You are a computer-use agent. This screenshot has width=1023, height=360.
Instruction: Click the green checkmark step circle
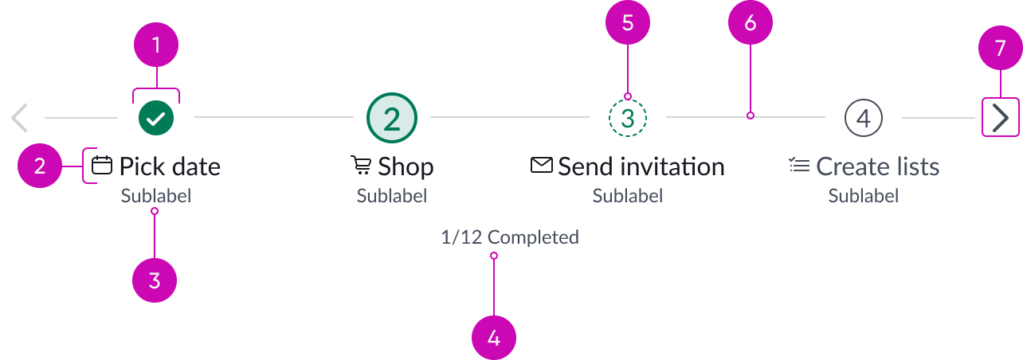[156, 118]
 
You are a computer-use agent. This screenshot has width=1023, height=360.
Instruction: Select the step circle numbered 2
[391, 118]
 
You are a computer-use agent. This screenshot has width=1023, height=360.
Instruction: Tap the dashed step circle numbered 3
[628, 118]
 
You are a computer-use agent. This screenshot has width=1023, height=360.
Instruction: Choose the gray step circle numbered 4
[863, 118]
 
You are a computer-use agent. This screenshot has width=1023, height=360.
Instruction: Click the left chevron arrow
[20, 118]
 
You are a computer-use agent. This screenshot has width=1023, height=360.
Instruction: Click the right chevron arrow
[1001, 118]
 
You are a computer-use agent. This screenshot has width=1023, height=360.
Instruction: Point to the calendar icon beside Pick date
[101, 166]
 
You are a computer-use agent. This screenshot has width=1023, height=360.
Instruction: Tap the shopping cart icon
[361, 166]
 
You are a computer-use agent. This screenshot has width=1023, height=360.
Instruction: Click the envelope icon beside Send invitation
[542, 166]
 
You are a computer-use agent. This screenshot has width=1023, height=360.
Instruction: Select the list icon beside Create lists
[799, 166]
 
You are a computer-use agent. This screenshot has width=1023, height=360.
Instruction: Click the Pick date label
[170, 166]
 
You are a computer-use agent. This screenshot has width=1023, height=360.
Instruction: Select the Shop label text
[406, 166]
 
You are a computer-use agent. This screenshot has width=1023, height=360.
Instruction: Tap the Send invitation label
[641, 166]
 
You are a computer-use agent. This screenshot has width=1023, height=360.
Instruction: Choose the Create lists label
[877, 166]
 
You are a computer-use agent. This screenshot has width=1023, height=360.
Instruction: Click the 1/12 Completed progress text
[510, 237]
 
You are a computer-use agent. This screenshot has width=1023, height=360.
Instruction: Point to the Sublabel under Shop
[391, 195]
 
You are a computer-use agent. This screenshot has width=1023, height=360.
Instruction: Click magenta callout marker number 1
[156, 45]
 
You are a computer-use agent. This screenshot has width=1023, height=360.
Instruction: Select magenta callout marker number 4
[494, 338]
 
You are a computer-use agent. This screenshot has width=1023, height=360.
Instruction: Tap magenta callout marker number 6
[751, 23]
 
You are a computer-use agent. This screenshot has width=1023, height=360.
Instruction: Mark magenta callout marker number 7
[1001, 49]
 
